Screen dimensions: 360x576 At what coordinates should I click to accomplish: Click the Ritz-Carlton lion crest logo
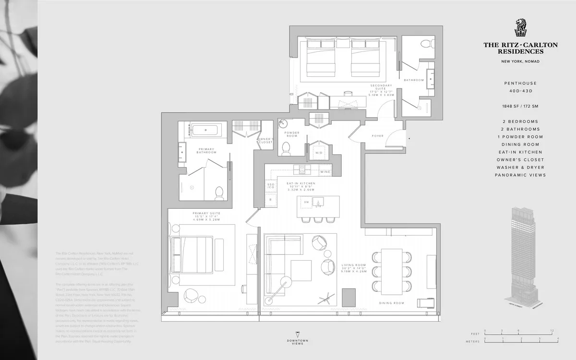click(x=520, y=28)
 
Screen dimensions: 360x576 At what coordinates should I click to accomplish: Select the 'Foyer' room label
click(x=378, y=136)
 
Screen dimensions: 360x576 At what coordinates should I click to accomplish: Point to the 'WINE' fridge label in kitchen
click(x=325, y=171)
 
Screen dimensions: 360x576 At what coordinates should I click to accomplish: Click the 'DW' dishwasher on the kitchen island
click(x=307, y=202)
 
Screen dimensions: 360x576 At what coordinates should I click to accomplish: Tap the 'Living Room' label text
click(x=354, y=264)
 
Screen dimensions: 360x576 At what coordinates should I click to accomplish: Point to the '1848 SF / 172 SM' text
click(x=520, y=106)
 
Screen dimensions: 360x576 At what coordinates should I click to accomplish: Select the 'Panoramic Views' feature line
click(x=520, y=175)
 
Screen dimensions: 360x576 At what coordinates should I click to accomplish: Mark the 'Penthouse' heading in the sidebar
click(x=520, y=83)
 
